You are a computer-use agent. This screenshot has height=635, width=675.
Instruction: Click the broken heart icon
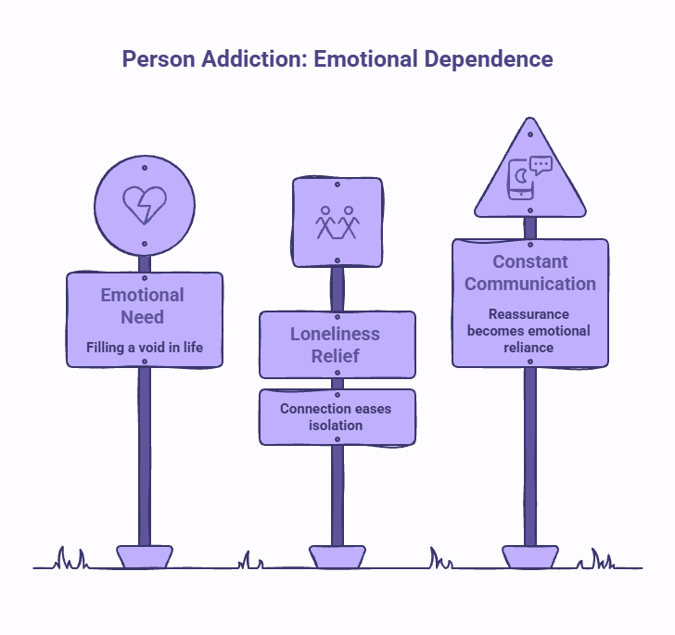[x=145, y=205]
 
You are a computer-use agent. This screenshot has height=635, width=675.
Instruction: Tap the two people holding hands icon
[x=337, y=222]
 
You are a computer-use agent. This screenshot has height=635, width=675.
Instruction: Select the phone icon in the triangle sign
[x=521, y=180]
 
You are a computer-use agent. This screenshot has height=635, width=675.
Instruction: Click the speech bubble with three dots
[x=541, y=165]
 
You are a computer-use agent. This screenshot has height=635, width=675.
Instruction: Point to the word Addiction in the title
[x=254, y=58]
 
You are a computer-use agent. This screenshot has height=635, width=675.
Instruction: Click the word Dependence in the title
[x=489, y=59]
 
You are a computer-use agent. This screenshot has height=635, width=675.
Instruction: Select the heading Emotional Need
[x=143, y=306]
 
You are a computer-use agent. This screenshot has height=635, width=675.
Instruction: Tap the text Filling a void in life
[x=145, y=348]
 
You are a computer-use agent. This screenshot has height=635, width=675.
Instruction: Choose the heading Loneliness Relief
[x=335, y=345]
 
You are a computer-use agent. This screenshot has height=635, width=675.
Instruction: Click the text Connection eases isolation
[x=336, y=417]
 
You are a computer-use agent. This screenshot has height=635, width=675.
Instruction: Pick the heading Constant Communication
[x=530, y=273]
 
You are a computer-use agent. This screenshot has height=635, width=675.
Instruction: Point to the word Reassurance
[x=529, y=314]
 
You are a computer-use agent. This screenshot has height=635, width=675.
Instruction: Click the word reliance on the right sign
[x=529, y=348]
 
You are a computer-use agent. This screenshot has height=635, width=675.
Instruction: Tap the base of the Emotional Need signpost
[x=145, y=557]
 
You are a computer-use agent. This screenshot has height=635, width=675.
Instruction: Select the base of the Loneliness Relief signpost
[x=337, y=557]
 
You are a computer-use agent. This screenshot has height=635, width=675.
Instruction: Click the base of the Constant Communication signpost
[x=530, y=557]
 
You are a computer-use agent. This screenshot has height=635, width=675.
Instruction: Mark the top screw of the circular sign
[x=145, y=168]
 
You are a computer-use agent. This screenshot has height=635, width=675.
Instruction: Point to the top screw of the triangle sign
[x=530, y=134]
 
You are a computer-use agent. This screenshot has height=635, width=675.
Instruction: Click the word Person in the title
[x=159, y=59]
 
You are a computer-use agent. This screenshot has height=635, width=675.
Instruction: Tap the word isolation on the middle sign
[x=336, y=425]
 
